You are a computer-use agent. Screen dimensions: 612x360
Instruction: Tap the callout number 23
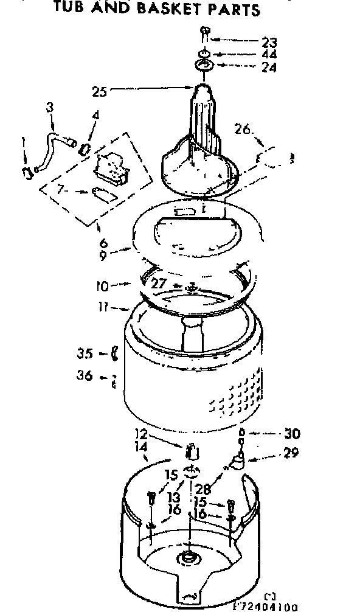tap(269, 43)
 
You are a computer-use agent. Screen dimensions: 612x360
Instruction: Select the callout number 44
tap(269, 55)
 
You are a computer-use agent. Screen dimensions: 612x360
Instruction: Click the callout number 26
tap(243, 128)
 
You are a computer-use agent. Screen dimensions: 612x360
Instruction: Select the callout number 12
tap(141, 434)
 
